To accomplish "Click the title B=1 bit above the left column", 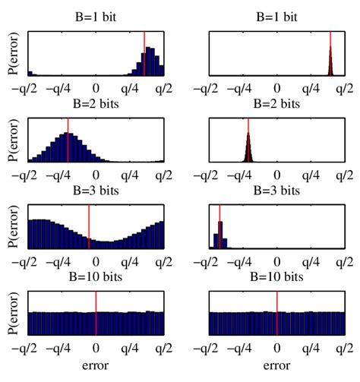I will tap(96, 14).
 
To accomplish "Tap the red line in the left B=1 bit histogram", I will tap(144, 53).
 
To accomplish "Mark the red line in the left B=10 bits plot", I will tap(96, 312).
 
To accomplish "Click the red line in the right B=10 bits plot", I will tap(276, 312).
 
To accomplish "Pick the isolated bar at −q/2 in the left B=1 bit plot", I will tap(30, 73).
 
